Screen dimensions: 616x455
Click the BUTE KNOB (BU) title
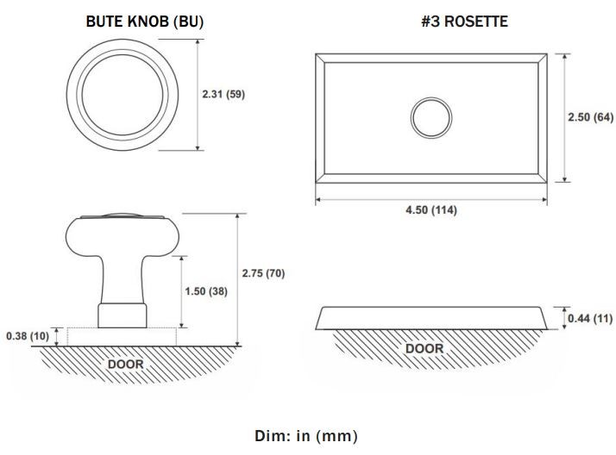[x=145, y=22]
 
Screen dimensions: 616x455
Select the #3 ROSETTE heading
[x=464, y=22]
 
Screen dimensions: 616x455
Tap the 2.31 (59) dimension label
[x=223, y=94]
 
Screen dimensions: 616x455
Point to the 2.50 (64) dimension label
[x=590, y=117]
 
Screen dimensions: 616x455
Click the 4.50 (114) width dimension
[x=431, y=210]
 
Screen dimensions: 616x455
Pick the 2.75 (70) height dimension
[x=263, y=273]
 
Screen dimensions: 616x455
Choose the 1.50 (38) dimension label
[x=206, y=291]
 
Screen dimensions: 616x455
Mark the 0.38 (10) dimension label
[x=28, y=336]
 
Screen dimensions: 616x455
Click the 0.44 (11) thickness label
[x=590, y=318]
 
